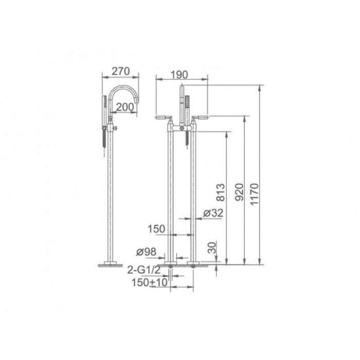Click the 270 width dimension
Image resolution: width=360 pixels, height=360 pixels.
tap(121, 71)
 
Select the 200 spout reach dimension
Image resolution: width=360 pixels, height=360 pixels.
tap(124, 107)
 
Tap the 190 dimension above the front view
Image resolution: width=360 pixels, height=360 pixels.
tap(179, 75)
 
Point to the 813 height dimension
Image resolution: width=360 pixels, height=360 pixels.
tap(221, 192)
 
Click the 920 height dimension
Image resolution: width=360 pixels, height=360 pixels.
tap(239, 192)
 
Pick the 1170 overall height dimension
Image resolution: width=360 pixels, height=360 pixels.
tap(255, 194)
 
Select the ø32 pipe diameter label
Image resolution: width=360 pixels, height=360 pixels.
tap(213, 213)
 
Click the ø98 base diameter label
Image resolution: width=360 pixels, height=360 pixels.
tap(146, 252)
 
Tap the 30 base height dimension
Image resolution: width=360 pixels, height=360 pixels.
tap(212, 247)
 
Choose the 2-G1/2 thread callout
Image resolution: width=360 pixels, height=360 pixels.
tap(144, 270)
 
